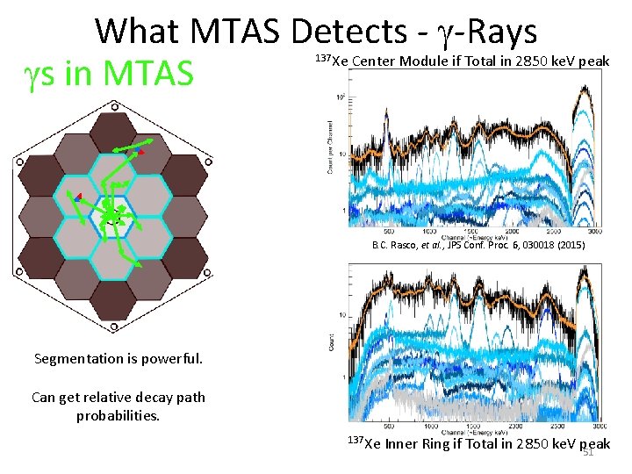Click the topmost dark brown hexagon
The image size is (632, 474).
pos(112,131)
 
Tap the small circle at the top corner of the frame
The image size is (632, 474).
pos(114,106)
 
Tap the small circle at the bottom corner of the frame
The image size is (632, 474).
pos(113,329)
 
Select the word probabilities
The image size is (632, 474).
pos(118,414)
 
